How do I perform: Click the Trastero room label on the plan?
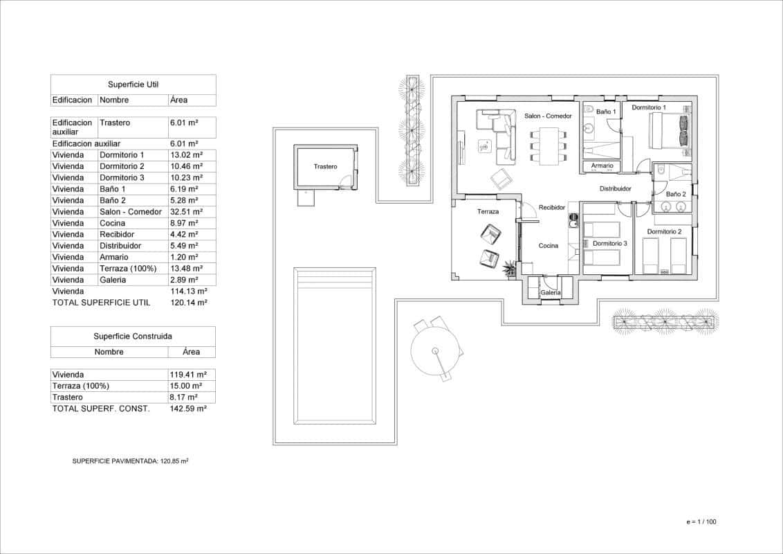(x=325, y=167)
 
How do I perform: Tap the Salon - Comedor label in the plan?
(x=548, y=116)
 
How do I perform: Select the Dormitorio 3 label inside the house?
(x=609, y=244)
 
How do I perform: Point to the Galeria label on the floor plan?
(x=551, y=293)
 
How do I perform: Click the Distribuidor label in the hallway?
(x=615, y=188)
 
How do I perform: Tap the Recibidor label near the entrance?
(x=552, y=207)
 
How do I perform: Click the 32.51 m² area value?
(x=185, y=212)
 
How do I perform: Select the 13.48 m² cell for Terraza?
(x=185, y=269)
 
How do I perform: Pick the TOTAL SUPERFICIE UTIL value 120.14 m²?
(x=188, y=303)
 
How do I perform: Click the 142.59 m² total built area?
(x=188, y=409)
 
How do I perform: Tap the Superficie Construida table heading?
(x=133, y=336)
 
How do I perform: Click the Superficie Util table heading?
(x=133, y=84)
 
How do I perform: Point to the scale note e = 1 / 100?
(x=701, y=522)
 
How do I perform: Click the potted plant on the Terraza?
(x=510, y=267)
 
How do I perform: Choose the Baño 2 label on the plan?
(x=675, y=195)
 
